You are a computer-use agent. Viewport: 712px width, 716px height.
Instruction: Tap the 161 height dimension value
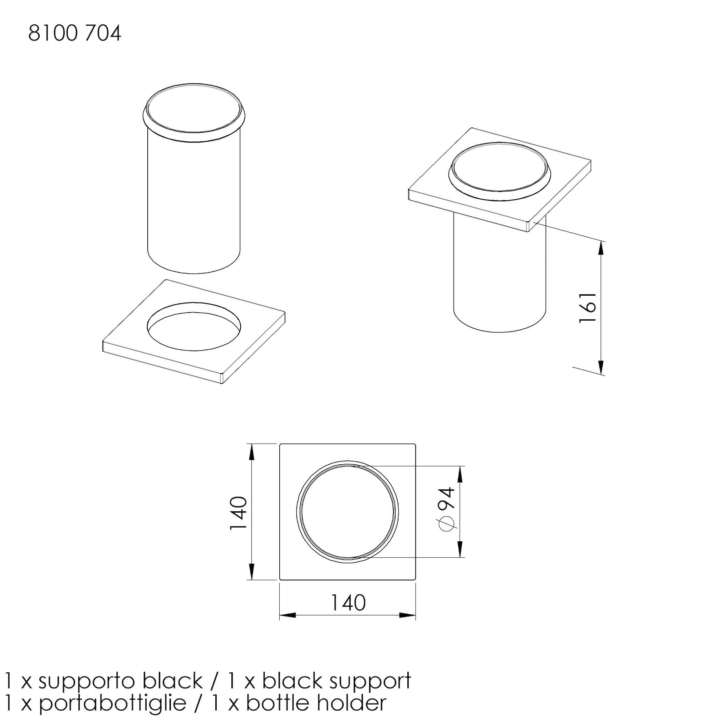pyautogui.click(x=588, y=308)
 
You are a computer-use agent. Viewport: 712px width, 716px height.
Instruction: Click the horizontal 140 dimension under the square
pyautogui.click(x=348, y=602)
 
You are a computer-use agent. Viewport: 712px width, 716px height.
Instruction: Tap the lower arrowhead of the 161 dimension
pyautogui.click(x=601, y=367)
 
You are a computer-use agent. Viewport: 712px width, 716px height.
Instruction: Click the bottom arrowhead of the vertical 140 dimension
pyautogui.click(x=252, y=571)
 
